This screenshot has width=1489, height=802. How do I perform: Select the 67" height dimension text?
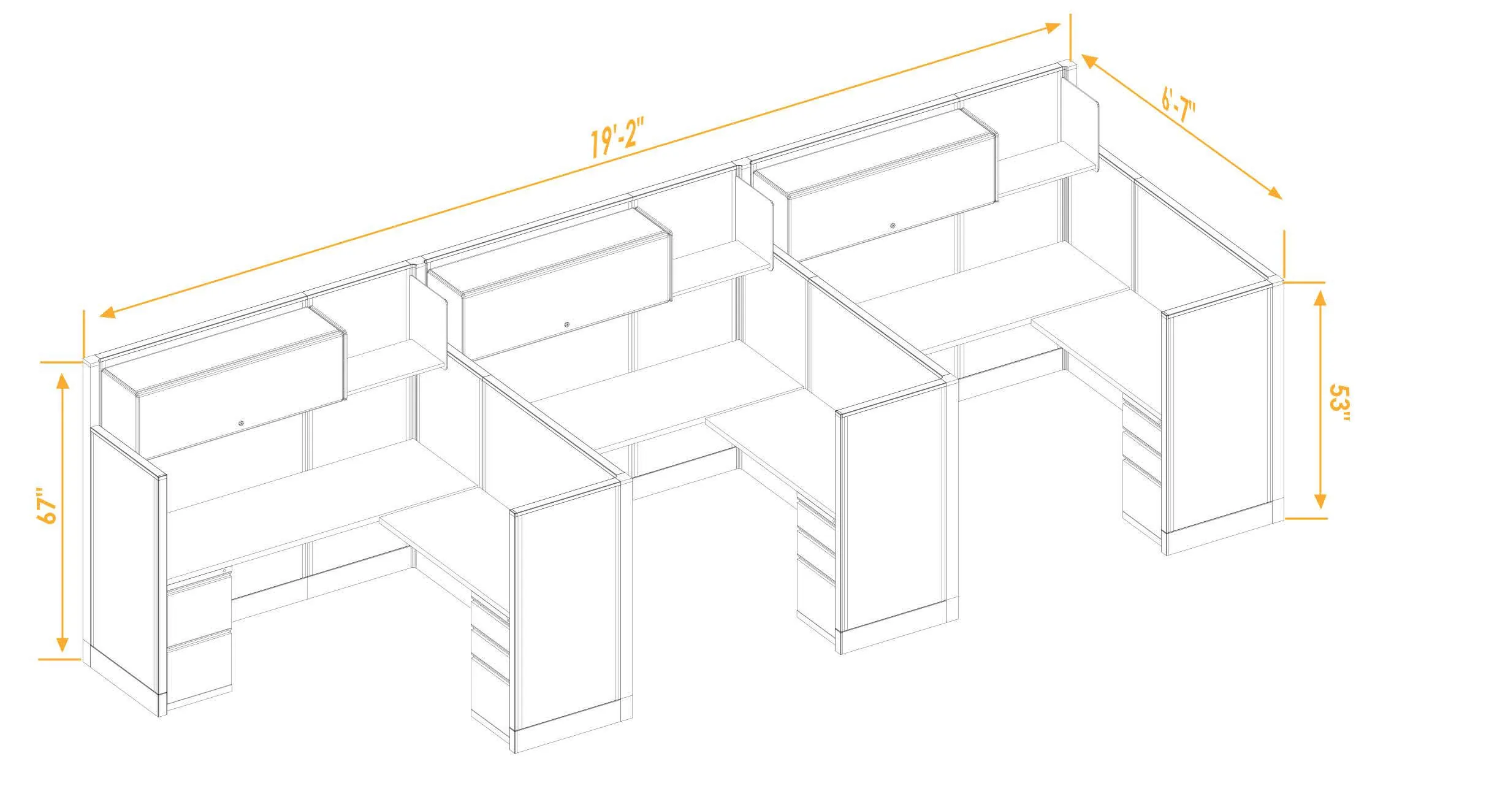point(48,506)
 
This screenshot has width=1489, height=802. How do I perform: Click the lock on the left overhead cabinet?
point(241,422)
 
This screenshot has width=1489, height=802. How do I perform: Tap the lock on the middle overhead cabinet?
point(567,324)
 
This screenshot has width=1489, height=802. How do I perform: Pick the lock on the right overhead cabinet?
point(893,226)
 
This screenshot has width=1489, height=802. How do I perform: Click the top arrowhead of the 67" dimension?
point(62,380)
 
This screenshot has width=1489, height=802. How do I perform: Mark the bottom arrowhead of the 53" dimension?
point(1320,501)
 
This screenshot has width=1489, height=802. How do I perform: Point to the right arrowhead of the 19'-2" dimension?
point(1052,28)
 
